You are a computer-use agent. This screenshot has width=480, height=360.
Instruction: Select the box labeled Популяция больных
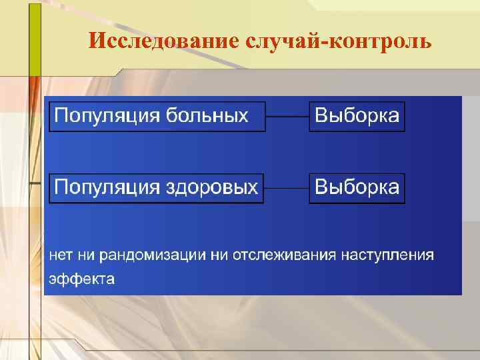(x=157, y=117)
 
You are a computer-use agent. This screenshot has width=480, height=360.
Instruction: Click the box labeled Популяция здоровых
(x=157, y=188)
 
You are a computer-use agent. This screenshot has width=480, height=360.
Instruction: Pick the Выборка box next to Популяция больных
(x=357, y=117)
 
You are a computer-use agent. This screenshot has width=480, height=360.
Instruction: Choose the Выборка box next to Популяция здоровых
(x=357, y=188)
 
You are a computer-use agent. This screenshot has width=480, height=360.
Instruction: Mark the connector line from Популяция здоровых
(x=287, y=188)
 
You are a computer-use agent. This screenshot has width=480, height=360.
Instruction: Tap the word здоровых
(x=209, y=188)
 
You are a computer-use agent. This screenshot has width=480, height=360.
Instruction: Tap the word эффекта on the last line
(x=81, y=279)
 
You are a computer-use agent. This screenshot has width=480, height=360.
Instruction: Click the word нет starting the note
(x=58, y=255)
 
